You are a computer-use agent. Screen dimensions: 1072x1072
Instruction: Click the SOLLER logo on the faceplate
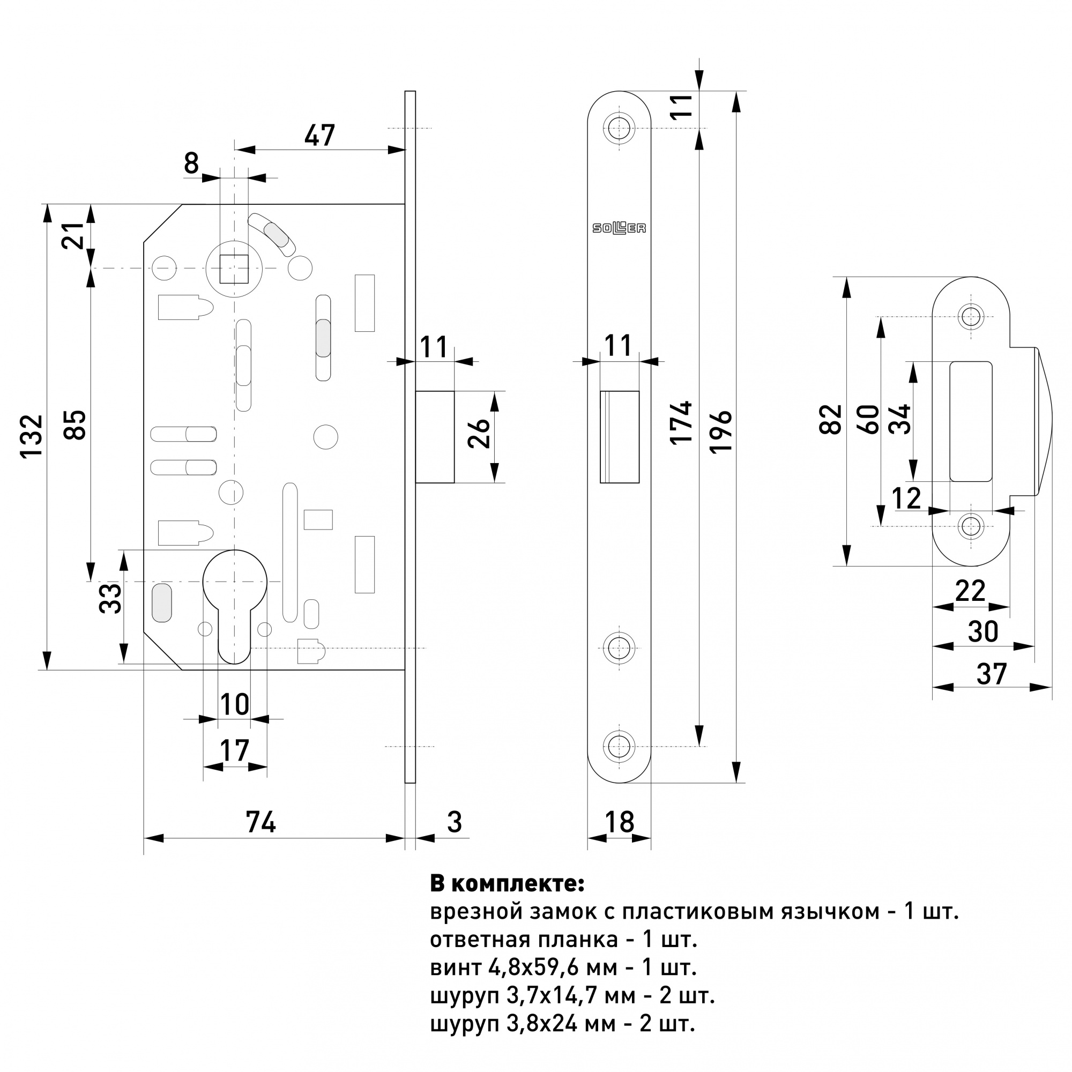pyautogui.click(x=619, y=227)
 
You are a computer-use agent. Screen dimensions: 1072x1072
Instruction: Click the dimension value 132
pyautogui.click(x=32, y=436)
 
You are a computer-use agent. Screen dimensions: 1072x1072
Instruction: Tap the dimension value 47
pyautogui.click(x=319, y=136)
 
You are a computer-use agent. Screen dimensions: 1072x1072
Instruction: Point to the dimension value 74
pyautogui.click(x=261, y=822)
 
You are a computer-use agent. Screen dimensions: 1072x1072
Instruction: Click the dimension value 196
pyautogui.click(x=721, y=431)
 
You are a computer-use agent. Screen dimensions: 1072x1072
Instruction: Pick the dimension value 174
pyautogui.click(x=681, y=422)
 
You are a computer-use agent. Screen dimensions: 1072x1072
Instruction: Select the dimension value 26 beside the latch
pyautogui.click(x=479, y=433)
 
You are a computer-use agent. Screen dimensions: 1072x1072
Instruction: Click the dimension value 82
pyautogui.click(x=831, y=420)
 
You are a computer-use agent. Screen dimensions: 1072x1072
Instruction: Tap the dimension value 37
pyautogui.click(x=992, y=674)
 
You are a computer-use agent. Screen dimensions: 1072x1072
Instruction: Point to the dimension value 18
pyautogui.click(x=619, y=822)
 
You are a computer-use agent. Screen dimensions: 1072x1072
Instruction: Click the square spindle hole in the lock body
pyautogui.click(x=234, y=269)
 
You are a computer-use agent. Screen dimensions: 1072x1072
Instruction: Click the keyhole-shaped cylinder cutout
pyautogui.click(x=234, y=599)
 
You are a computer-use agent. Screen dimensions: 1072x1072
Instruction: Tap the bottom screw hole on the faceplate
pyautogui.click(x=619, y=746)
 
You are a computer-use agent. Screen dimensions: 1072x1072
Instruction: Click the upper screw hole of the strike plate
pyautogui.click(x=971, y=317)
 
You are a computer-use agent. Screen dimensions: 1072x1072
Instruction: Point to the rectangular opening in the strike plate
pyautogui.click(x=971, y=422)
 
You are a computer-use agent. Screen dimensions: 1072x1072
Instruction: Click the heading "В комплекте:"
pyautogui.click(x=507, y=884)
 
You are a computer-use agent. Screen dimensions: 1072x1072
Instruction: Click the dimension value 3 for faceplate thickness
pyautogui.click(x=455, y=822)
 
